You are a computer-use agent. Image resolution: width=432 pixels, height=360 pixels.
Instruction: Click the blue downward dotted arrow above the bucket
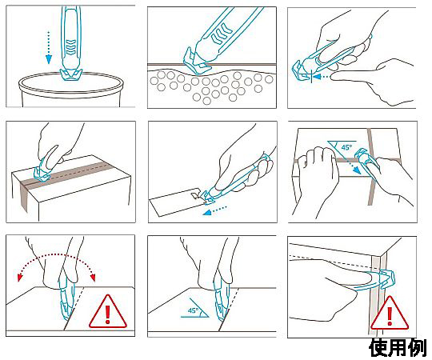(49, 48)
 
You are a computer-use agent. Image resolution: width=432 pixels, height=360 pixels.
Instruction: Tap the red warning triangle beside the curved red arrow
(108, 313)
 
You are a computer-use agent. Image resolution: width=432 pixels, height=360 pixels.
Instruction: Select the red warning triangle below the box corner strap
(390, 314)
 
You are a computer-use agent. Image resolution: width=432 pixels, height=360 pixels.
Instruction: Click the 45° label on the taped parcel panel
(346, 147)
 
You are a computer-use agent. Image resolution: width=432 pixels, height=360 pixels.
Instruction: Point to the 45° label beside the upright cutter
(193, 310)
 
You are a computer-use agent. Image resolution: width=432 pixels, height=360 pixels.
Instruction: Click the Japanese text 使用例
(398, 348)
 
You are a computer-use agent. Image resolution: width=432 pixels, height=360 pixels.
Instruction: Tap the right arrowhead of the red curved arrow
(93, 277)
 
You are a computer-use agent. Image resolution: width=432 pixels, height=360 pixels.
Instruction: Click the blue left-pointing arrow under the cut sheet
(214, 210)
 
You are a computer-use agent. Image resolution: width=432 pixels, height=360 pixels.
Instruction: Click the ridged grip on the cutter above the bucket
(71, 47)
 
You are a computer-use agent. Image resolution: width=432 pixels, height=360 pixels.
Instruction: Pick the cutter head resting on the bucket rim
(71, 75)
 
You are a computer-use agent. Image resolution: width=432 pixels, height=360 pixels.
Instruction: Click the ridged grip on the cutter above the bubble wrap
(222, 34)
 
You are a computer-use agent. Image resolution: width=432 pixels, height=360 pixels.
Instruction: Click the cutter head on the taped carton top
(42, 174)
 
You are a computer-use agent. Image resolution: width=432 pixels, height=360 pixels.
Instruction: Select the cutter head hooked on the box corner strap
(387, 278)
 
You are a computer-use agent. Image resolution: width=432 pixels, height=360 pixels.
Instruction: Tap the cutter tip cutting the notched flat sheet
(205, 198)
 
